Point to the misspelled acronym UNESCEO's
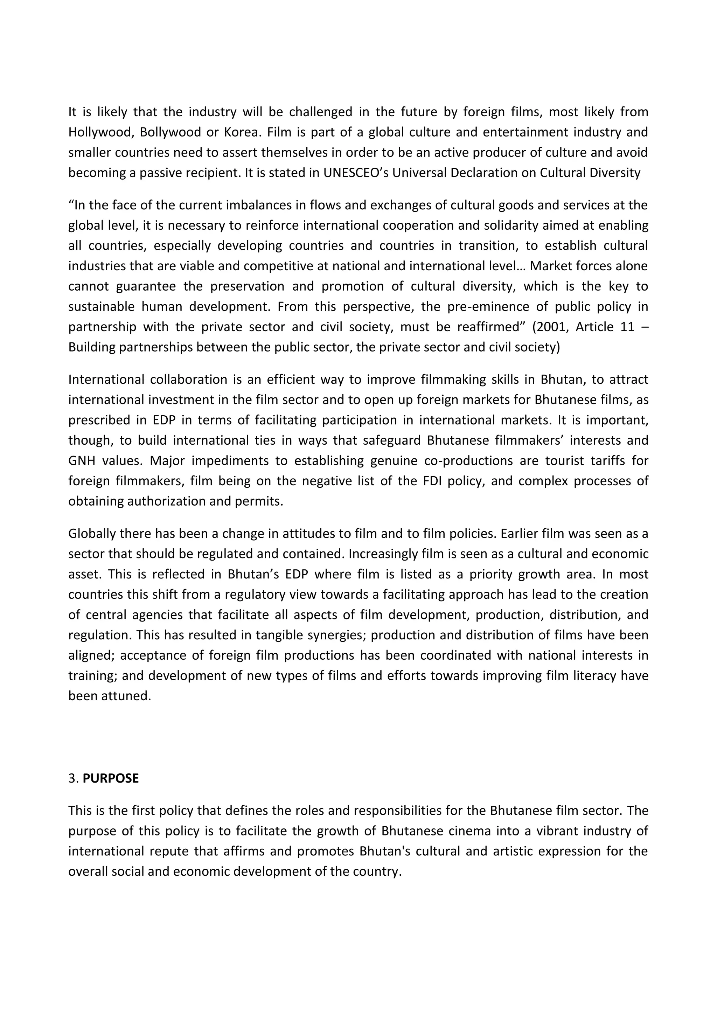355,173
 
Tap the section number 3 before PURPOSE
72,778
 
